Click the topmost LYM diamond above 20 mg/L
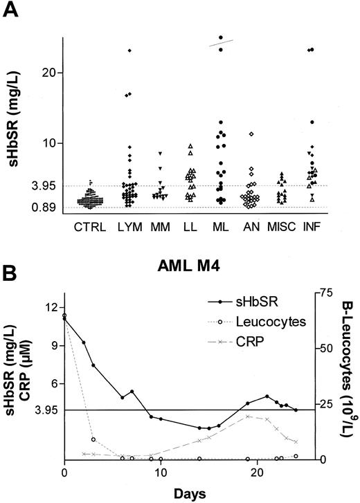pos(129,51)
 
